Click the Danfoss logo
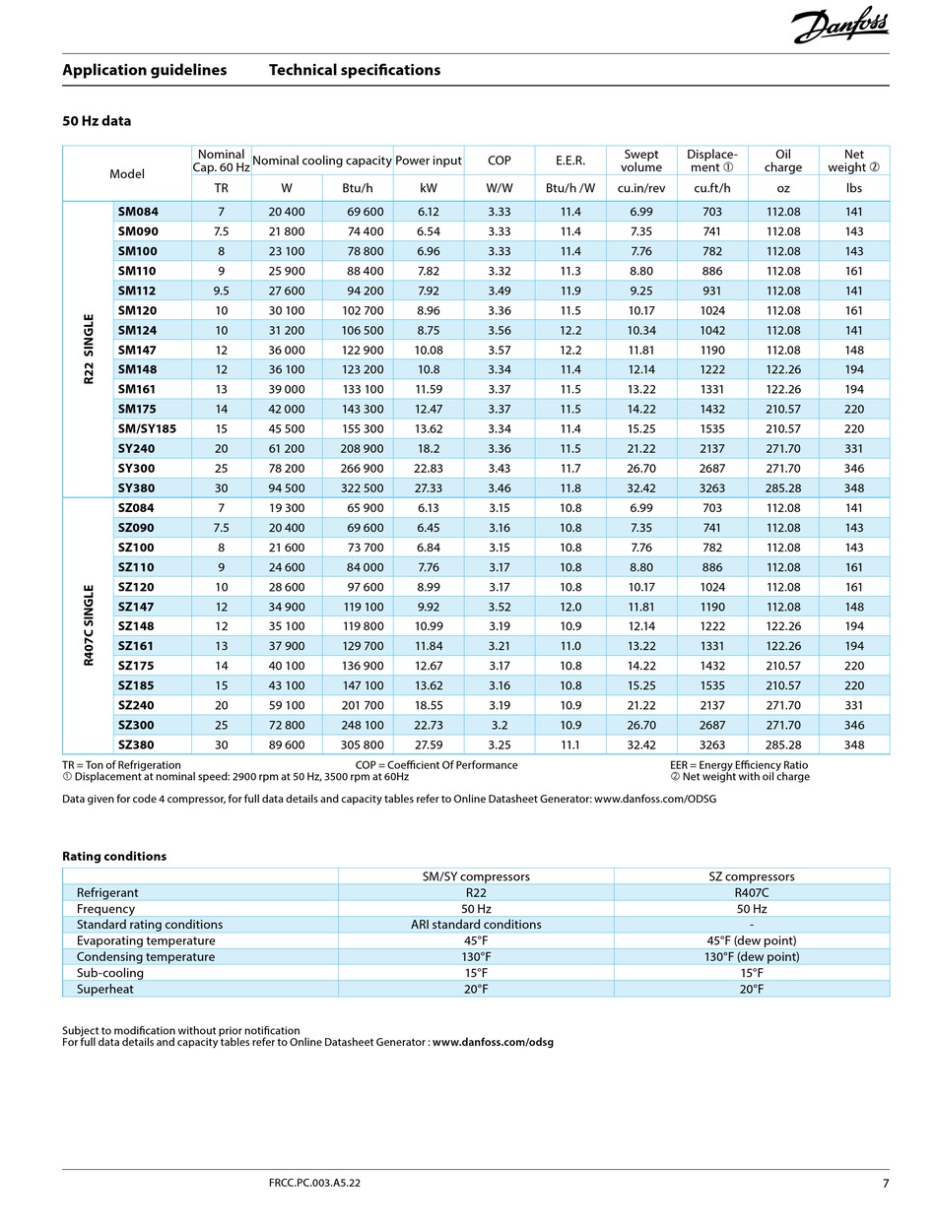pos(840,27)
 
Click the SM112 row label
pos(137,291)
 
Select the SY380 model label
pos(136,488)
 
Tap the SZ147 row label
pos(136,607)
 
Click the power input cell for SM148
pos(428,369)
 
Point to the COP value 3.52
pos(499,607)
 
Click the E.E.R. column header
pos(570,161)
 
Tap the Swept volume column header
pos(641,161)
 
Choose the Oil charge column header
pos(783,161)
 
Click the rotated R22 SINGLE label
pos(89,350)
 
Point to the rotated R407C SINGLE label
pos(89,625)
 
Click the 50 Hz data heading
pos(97,121)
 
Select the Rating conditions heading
pos(114,856)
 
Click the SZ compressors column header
pos(751,876)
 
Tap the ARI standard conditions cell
pos(476,924)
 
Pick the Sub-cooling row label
pos(110,972)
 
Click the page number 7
pos(885,1183)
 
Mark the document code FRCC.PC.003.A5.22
pos(314,1183)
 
